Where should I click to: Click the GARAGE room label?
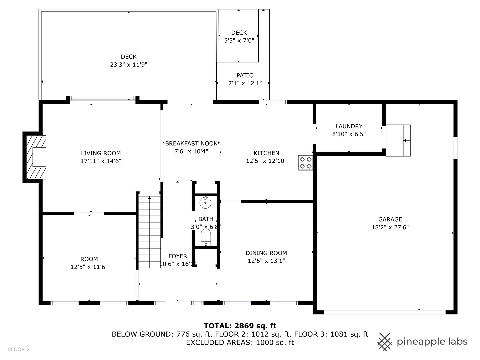[390, 219]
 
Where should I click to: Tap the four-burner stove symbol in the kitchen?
[305, 163]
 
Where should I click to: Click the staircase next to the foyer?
[149, 232]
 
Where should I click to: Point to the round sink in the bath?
[206, 202]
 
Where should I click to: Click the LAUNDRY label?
[349, 126]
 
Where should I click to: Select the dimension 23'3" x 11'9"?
[129, 65]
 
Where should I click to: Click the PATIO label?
[245, 76]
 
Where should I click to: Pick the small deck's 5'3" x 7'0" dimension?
[239, 41]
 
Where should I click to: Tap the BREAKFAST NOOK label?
[191, 144]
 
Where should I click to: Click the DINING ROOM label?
[266, 253]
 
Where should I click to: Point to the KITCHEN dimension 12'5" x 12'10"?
[266, 161]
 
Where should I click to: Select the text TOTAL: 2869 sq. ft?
[240, 326]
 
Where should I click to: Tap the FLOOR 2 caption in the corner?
[19, 349]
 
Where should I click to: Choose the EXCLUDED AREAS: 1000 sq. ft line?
[240, 342]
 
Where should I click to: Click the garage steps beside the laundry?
[398, 140]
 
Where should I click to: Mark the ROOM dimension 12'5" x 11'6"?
[89, 267]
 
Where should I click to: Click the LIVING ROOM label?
[101, 153]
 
